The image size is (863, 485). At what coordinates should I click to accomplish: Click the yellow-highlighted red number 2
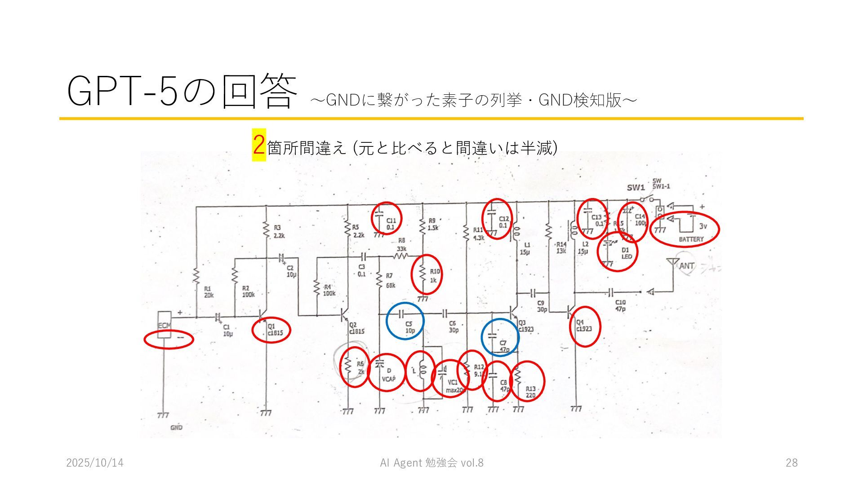tap(258, 145)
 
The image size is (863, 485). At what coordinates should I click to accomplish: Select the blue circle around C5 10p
tap(405, 321)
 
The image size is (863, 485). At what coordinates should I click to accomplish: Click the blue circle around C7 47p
tap(500, 337)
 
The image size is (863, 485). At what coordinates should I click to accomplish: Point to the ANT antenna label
tap(686, 266)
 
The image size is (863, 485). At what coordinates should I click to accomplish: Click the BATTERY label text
tap(691, 239)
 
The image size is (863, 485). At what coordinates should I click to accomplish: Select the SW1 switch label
tap(636, 188)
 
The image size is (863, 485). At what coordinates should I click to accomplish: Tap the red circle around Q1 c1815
tap(271, 330)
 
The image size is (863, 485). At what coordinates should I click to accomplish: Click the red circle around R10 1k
tap(427, 274)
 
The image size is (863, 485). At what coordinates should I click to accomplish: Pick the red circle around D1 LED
tap(618, 252)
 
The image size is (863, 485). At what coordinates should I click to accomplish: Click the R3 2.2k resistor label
tap(279, 231)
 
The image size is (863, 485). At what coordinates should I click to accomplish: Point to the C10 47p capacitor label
tap(620, 306)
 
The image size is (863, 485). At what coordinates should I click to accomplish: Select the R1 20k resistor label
tap(209, 292)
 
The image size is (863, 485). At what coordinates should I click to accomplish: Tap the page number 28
tap(792, 463)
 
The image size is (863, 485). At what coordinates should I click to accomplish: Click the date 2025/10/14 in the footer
tap(95, 463)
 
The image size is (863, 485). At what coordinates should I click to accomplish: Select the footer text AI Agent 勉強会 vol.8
tap(431, 463)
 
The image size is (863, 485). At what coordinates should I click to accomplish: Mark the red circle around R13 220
tap(527, 381)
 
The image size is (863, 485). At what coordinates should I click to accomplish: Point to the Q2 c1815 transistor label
tap(356, 328)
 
